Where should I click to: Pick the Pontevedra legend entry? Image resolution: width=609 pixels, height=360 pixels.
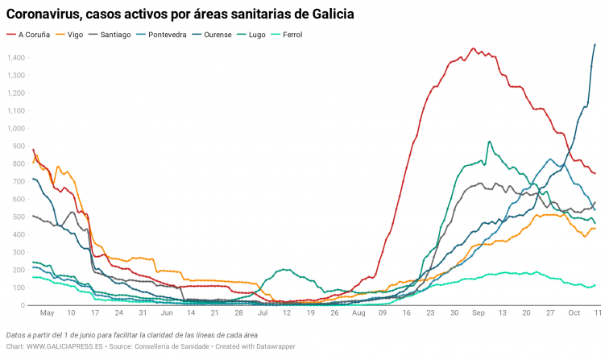173,35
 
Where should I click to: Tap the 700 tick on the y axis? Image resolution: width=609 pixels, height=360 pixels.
19,181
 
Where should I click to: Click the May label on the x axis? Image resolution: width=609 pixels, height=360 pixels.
47,312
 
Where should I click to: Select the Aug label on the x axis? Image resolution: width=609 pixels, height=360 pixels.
358,312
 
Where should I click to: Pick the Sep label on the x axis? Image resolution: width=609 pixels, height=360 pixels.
478,312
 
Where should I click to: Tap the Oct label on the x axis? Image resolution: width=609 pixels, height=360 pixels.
574,312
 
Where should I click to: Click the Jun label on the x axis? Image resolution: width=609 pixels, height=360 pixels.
167,312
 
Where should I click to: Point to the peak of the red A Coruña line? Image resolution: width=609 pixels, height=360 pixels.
473,48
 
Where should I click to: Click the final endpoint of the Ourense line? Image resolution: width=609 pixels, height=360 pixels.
594,44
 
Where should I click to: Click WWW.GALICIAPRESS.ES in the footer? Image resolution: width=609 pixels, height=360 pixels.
63,346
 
